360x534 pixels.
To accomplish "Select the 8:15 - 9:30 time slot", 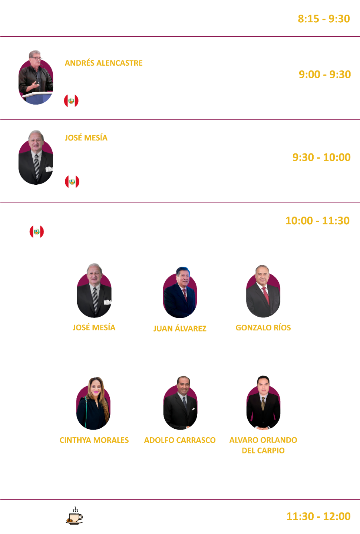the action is pos(324,19).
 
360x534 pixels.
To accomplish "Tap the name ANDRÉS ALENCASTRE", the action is pos(104,63).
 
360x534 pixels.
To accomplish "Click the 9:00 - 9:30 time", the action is pos(324,75).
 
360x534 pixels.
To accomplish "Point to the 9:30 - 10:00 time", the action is pos(321,157).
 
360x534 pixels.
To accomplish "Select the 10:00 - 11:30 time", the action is pos(317,221).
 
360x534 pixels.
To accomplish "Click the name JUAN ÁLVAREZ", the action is pos(180,328).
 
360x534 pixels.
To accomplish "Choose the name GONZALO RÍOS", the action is pos(263,327).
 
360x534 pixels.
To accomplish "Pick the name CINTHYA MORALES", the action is pos(94,440).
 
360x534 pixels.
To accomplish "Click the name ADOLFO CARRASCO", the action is pos(180,440).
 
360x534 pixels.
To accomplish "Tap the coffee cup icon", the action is pos(74,518).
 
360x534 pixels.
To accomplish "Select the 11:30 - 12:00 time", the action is pos(318,516).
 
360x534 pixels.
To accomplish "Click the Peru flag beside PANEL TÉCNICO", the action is pos(37,232).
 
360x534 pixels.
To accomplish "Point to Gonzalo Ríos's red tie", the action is pos(266,295).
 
